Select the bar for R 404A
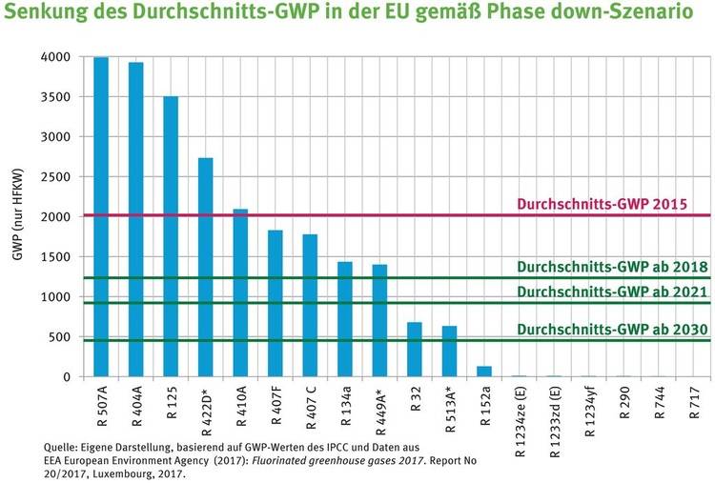click(x=136, y=220)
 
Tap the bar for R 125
click(x=171, y=237)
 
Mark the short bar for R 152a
click(x=484, y=372)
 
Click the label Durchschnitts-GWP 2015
click(x=611, y=204)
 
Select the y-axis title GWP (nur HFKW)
click(x=16, y=217)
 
